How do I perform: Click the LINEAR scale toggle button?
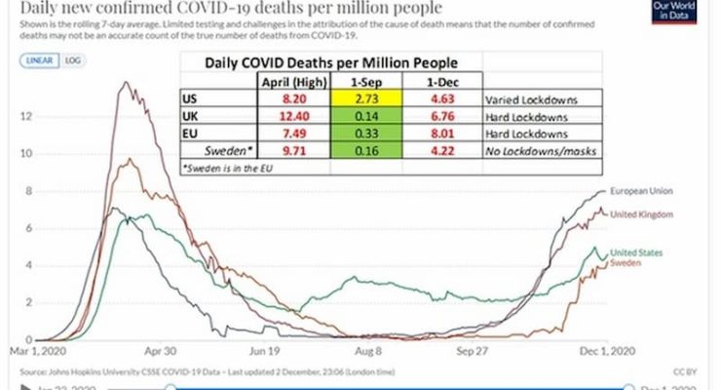pos(39,60)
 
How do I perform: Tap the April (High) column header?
pos(286,82)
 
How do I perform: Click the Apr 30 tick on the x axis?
pos(162,349)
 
